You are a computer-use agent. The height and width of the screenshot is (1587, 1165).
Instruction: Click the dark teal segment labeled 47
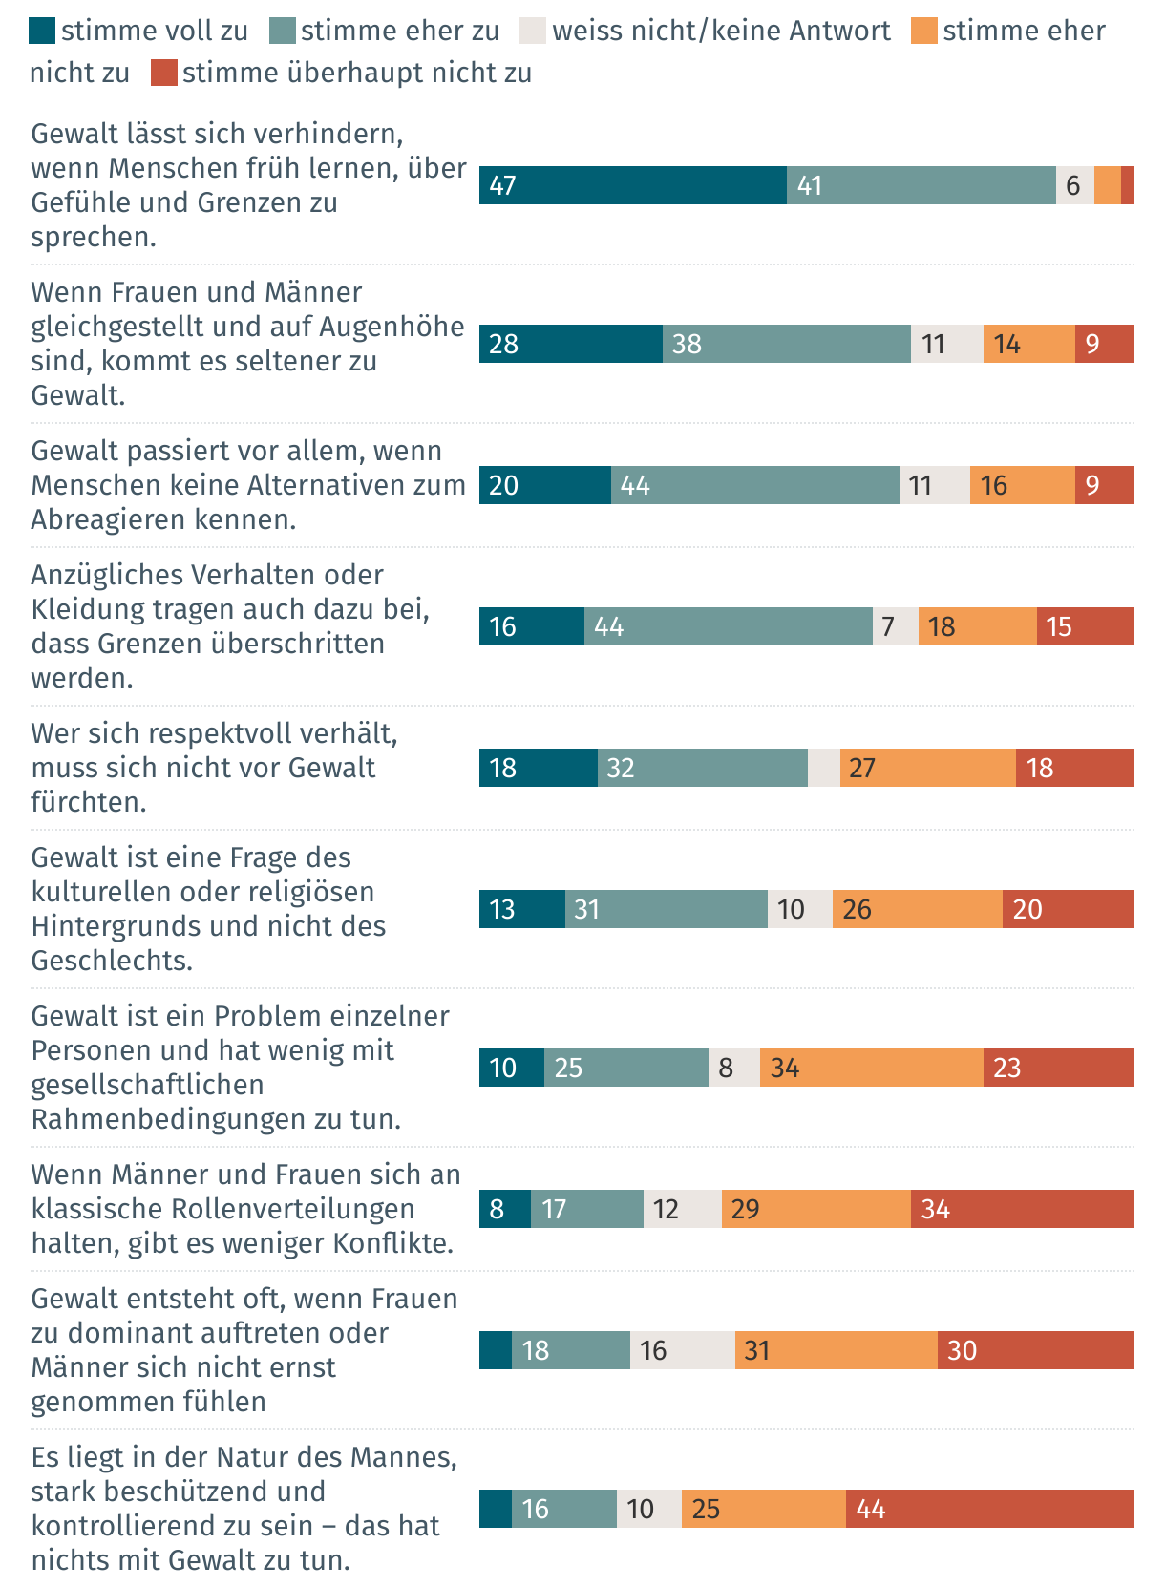tap(632, 185)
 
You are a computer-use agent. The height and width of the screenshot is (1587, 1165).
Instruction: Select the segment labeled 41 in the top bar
tap(921, 185)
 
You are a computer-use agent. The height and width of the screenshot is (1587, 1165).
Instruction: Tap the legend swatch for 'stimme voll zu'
tap(42, 32)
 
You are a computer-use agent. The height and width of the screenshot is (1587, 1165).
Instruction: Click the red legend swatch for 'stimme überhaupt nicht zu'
tap(163, 74)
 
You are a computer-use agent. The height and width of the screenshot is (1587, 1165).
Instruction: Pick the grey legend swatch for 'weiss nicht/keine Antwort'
tap(533, 32)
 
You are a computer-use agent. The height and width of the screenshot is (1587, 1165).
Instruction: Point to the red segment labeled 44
tap(989, 1509)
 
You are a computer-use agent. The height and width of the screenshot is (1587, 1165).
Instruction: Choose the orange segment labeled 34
tap(871, 1068)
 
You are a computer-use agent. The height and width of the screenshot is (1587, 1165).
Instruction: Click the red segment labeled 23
tap(1058, 1068)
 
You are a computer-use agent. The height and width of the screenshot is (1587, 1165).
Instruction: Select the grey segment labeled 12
tap(682, 1209)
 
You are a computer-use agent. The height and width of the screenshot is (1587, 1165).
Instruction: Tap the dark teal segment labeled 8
tap(504, 1209)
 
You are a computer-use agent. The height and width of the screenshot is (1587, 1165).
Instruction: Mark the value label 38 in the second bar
tap(687, 344)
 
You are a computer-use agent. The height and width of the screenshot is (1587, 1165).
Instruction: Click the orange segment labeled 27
tap(927, 768)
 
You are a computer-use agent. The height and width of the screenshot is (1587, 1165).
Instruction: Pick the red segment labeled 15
tap(1085, 626)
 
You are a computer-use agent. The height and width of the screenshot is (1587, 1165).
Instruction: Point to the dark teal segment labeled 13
tap(521, 909)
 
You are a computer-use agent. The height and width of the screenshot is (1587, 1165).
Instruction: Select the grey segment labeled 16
tap(682, 1350)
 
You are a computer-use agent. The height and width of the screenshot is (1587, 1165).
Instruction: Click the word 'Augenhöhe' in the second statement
tap(392, 327)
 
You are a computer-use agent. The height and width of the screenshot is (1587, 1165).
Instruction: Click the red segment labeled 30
tap(1035, 1350)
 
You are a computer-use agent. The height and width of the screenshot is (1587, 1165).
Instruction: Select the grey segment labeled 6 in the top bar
tap(1074, 185)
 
